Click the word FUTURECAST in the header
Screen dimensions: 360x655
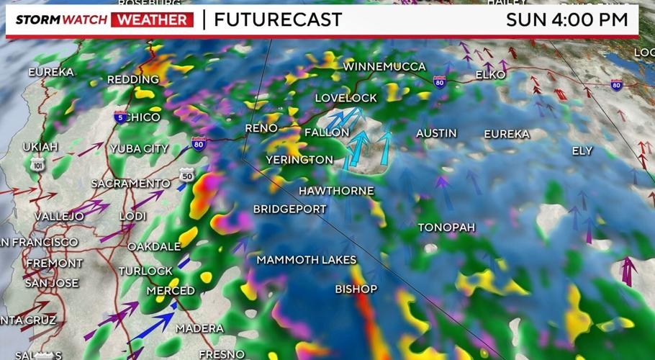pyautogui.click(x=278, y=19)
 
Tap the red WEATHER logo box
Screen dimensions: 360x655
pyautogui.click(x=153, y=19)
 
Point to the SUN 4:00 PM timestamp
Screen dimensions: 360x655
pyautogui.click(x=567, y=19)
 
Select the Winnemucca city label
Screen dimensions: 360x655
pyautogui.click(x=384, y=66)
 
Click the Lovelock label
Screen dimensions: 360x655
pyautogui.click(x=345, y=98)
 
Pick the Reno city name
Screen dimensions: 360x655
pyautogui.click(x=261, y=128)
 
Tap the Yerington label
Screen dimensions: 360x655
pyautogui.click(x=299, y=159)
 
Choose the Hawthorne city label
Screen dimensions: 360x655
pyautogui.click(x=336, y=191)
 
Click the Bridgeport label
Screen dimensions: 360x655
pyautogui.click(x=289, y=209)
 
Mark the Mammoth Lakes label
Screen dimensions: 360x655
pyautogui.click(x=306, y=259)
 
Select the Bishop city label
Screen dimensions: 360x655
pyautogui.click(x=356, y=289)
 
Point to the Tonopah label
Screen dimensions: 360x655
pyautogui.click(x=446, y=228)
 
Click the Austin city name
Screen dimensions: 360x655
pyautogui.click(x=436, y=133)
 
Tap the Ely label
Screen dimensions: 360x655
pyautogui.click(x=582, y=150)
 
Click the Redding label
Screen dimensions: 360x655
pyautogui.click(x=133, y=79)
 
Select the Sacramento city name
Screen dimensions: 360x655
pyautogui.click(x=130, y=184)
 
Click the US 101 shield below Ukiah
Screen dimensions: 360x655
pyautogui.click(x=38, y=165)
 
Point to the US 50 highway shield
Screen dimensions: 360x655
pyautogui.click(x=186, y=175)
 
